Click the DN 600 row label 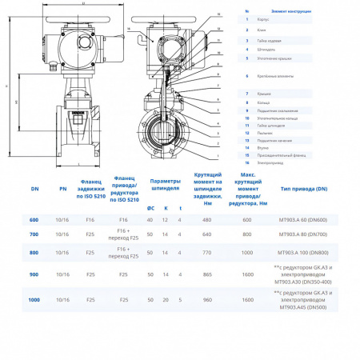[34, 220]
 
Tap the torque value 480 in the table [207, 220]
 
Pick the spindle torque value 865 [207, 274]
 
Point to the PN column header [63, 189]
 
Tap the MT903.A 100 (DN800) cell [303, 252]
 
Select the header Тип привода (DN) [303, 189]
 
